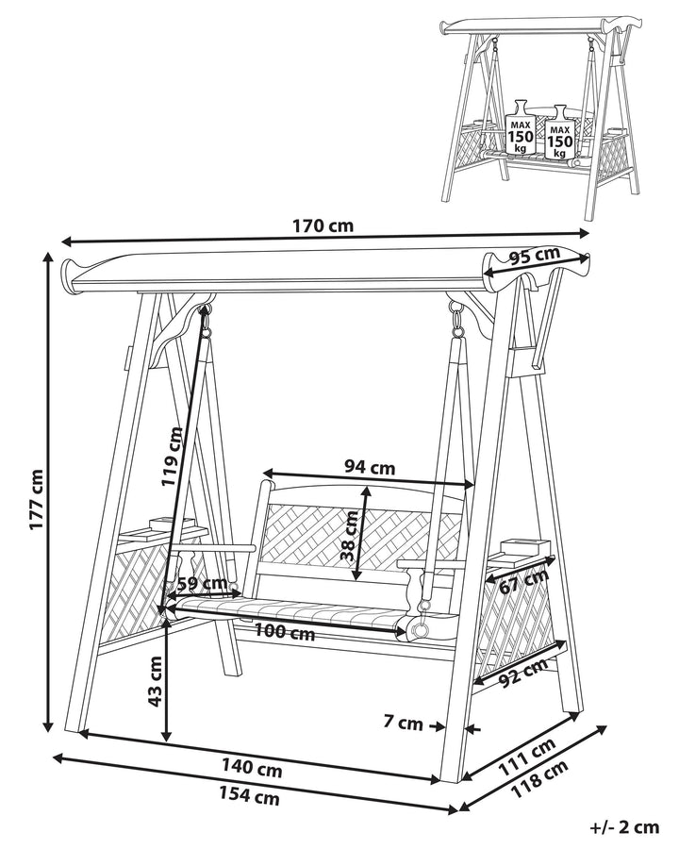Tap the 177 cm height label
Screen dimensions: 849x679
click(36, 500)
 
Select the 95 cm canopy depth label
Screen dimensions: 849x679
click(534, 257)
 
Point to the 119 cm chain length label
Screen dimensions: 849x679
click(173, 456)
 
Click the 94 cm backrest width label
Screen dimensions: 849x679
click(370, 466)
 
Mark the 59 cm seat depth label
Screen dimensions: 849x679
click(202, 585)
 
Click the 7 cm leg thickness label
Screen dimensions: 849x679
click(403, 724)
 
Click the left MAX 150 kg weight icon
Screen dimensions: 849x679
click(520, 128)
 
